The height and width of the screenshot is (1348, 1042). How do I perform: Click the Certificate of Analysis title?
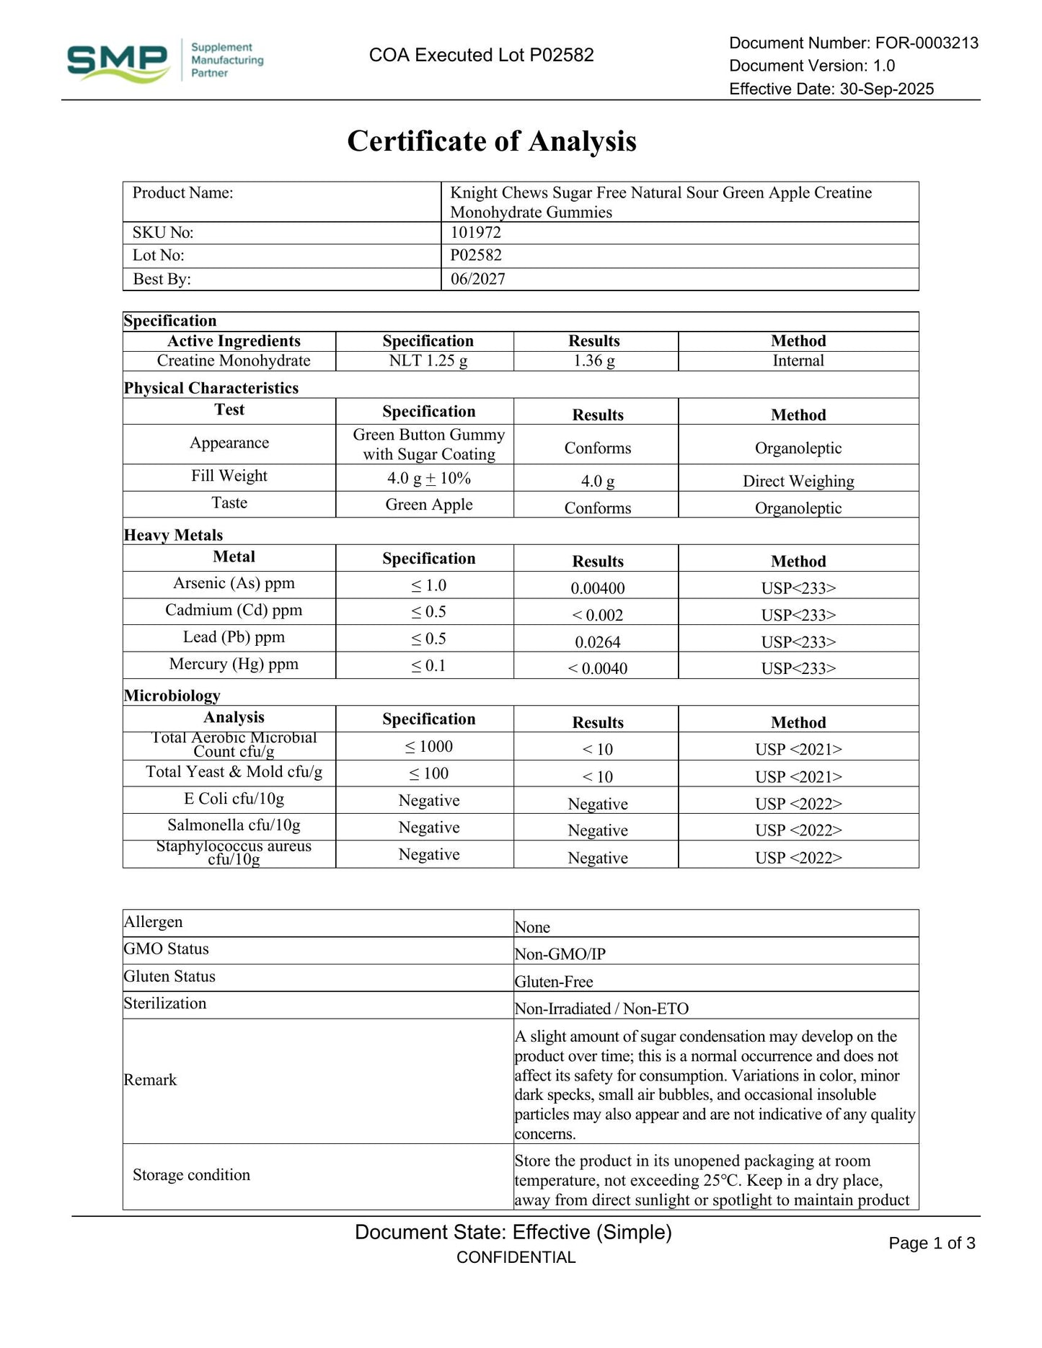pyautogui.click(x=492, y=141)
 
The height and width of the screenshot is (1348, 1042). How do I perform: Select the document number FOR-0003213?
pyautogui.click(x=927, y=43)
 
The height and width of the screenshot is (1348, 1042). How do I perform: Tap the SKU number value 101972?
pyautogui.click(x=475, y=233)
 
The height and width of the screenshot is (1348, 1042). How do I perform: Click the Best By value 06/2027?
pyautogui.click(x=477, y=279)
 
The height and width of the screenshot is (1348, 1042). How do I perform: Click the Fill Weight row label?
pyautogui.click(x=229, y=476)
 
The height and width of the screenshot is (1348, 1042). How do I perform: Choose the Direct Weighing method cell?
pyautogui.click(x=798, y=482)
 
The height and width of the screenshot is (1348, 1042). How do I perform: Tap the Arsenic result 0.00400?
pyautogui.click(x=597, y=588)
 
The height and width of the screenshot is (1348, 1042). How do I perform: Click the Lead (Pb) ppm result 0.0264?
pyautogui.click(x=597, y=642)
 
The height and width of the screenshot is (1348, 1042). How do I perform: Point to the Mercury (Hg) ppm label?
pyautogui.click(x=234, y=664)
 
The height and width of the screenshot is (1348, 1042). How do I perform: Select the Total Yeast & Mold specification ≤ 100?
pyautogui.click(x=428, y=773)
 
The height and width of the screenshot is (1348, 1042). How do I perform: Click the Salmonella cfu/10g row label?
pyautogui.click(x=234, y=825)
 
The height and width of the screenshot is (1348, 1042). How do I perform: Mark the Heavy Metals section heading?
pyautogui.click(x=173, y=535)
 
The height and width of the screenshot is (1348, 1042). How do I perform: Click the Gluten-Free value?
pyautogui.click(x=553, y=982)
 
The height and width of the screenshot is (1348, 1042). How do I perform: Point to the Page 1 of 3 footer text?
pyautogui.click(x=932, y=1243)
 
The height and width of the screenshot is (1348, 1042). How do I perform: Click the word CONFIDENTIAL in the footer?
pyautogui.click(x=516, y=1258)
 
